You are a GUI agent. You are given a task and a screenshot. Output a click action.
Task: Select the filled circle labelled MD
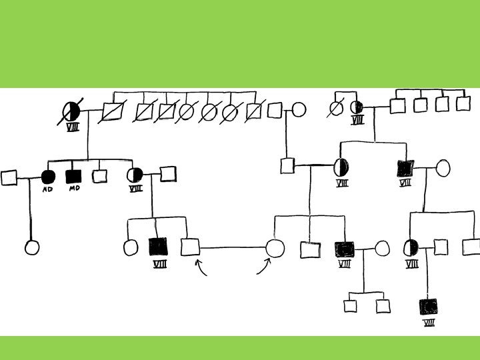coord(47,177)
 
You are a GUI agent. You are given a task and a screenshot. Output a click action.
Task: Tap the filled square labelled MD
coord(73,176)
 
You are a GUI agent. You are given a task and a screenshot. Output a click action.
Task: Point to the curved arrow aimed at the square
coord(201,267)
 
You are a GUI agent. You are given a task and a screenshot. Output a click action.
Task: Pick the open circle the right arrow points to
coord(275,249)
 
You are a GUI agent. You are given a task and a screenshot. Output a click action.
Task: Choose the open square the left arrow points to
coord(191,247)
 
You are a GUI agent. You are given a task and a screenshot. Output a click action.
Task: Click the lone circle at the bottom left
coord(31,247)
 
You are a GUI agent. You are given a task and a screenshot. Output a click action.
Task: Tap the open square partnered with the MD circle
coord(9,177)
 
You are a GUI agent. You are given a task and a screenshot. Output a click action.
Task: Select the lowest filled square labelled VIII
coord(429,307)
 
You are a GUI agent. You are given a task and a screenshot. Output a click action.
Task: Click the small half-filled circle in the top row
coord(357,107)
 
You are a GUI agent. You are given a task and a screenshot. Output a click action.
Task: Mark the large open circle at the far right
coord(443,167)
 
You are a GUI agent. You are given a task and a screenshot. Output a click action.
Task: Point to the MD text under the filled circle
coord(48,189)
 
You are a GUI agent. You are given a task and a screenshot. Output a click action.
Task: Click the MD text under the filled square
coord(74,189)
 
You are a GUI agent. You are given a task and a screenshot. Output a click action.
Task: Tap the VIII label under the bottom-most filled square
coord(429,323)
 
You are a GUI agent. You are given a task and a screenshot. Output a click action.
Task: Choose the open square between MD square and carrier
coord(99,176)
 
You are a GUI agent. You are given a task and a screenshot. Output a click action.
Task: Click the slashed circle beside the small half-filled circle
coord(336,108)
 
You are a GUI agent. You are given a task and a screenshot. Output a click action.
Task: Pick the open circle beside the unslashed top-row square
coord(299,110)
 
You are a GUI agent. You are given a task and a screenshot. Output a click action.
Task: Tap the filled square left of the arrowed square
coord(159,247)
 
